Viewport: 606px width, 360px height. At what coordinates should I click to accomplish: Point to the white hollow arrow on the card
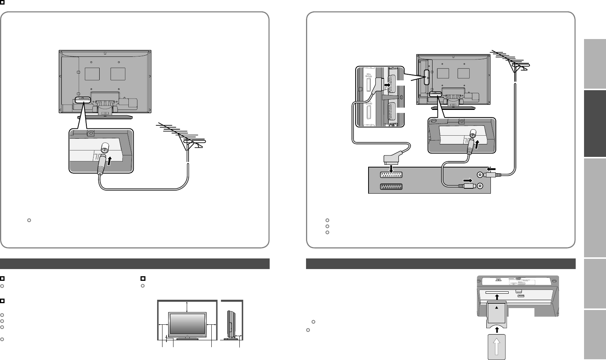(496, 346)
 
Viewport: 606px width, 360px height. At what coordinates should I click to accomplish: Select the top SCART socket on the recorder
(390, 175)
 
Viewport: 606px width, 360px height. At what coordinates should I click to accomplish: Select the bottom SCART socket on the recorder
(390, 186)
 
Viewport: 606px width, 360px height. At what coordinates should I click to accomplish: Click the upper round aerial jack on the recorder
(480, 175)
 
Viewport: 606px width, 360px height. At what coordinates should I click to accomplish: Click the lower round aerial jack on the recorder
(480, 186)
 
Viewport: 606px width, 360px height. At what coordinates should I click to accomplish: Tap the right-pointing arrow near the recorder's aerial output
(468, 180)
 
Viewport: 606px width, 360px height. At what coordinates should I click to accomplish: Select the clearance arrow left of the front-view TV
(163, 325)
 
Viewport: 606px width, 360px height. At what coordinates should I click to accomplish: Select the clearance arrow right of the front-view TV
(211, 325)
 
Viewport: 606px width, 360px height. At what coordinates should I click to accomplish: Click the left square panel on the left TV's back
(92, 74)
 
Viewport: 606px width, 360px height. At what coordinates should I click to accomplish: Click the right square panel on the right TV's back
(464, 74)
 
